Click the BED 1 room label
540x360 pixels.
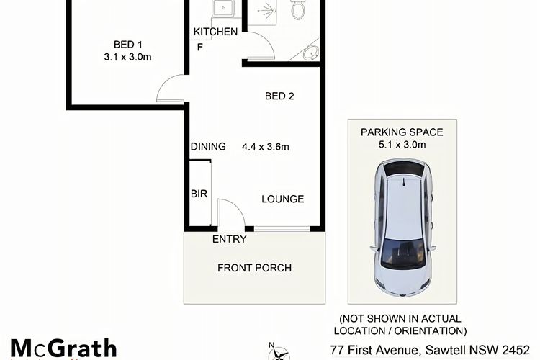pyautogui.click(x=127, y=45)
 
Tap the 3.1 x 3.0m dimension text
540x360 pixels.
pyautogui.click(x=127, y=57)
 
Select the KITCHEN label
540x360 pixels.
pyautogui.click(x=215, y=32)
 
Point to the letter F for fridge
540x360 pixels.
pyautogui.click(x=199, y=48)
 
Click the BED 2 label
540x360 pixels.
pyautogui.click(x=279, y=96)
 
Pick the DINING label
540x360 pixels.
pyautogui.click(x=208, y=146)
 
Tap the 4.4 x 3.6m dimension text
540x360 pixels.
pyautogui.click(x=266, y=147)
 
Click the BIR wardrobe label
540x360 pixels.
pyautogui.click(x=199, y=194)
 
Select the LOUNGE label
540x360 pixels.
pyautogui.click(x=283, y=199)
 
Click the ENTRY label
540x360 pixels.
pyautogui.click(x=230, y=239)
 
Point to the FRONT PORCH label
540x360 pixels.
pyautogui.click(x=254, y=268)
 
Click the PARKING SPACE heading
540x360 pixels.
pyautogui.click(x=402, y=132)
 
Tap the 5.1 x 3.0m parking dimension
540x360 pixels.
pyautogui.click(x=402, y=144)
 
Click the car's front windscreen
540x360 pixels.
pyautogui.click(x=402, y=254)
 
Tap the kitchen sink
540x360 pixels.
pyautogui.click(x=223, y=8)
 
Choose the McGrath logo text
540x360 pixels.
pyautogui.click(x=63, y=348)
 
